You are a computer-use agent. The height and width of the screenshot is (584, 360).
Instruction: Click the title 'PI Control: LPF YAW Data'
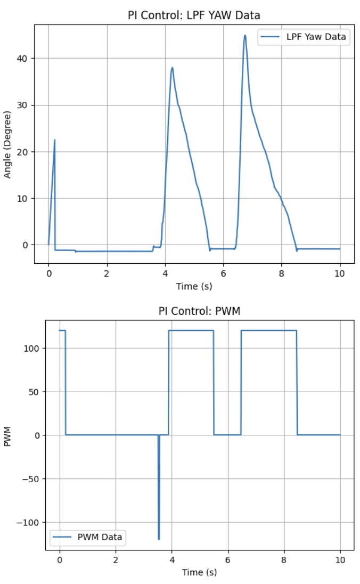click(x=194, y=15)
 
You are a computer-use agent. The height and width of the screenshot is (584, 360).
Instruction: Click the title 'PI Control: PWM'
click(x=199, y=311)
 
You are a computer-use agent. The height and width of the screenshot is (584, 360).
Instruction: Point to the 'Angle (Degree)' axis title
click(x=7, y=144)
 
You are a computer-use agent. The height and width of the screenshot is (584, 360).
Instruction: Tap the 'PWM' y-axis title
click(x=7, y=435)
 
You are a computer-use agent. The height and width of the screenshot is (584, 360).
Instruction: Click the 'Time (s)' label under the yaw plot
click(x=194, y=286)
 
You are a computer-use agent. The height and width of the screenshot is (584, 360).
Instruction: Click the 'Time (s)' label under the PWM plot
click(x=199, y=572)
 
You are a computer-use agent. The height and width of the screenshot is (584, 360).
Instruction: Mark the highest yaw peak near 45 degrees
click(x=245, y=35)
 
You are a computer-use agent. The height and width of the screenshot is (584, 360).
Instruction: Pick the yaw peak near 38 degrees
click(x=172, y=67)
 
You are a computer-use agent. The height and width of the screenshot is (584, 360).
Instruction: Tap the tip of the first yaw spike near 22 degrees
click(x=54, y=140)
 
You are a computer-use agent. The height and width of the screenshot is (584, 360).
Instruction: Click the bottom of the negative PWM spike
click(x=159, y=539)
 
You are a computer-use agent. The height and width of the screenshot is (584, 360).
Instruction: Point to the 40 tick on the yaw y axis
click(x=24, y=58)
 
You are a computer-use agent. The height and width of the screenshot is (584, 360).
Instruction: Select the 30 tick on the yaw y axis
click(x=24, y=105)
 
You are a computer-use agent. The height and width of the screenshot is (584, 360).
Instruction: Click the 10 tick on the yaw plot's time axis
click(x=340, y=273)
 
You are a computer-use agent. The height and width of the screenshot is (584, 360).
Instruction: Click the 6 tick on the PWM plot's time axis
click(x=227, y=560)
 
